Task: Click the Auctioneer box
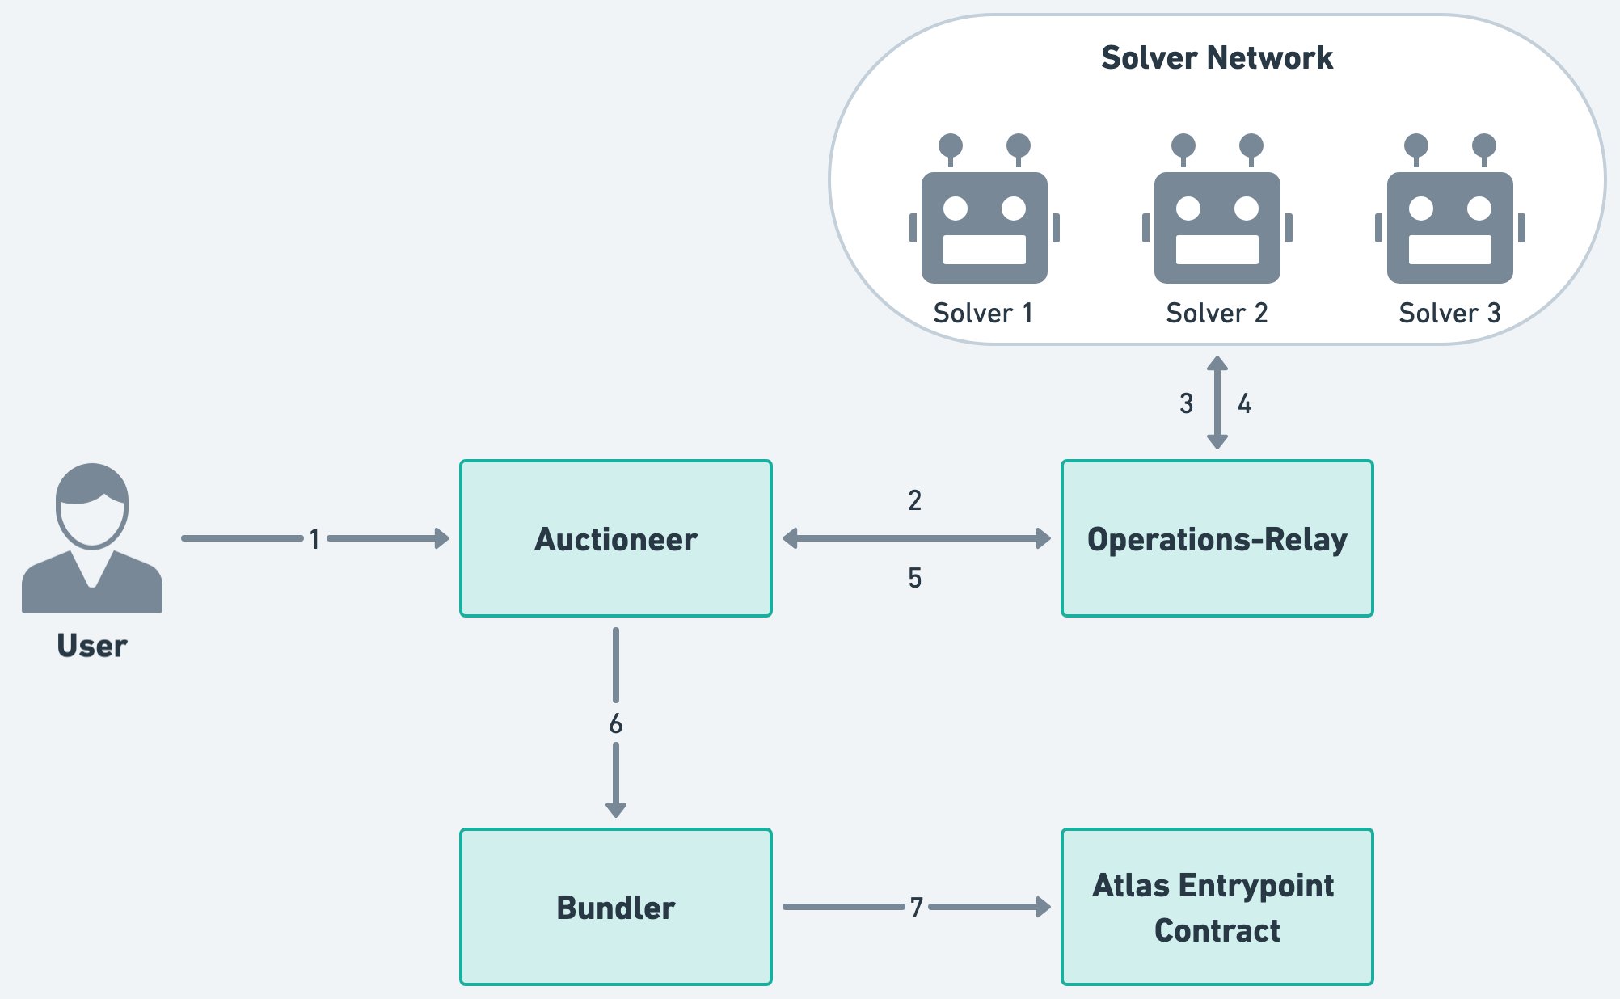[615, 538]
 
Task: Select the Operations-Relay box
[1217, 538]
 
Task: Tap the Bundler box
[615, 907]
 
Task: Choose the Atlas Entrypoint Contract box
[1217, 907]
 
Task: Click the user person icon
[92, 537]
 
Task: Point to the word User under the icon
[92, 646]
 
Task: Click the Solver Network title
[1217, 57]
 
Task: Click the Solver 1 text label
[983, 313]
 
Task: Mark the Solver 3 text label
[1449, 313]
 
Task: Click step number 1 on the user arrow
[314, 538]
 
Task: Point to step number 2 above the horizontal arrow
[914, 500]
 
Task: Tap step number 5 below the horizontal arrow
[914, 578]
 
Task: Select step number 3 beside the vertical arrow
[1186, 403]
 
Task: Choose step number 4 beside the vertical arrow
[1245, 403]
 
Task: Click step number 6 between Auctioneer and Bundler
[616, 723]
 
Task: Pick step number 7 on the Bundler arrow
[916, 908]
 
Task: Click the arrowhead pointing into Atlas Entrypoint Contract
[1044, 907]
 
